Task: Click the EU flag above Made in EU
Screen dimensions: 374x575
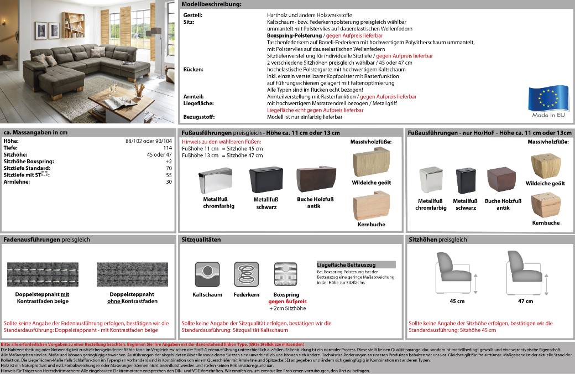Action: click(x=547, y=98)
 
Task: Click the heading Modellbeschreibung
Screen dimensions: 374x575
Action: click(x=212, y=4)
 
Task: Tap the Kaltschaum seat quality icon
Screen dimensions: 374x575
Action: click(x=207, y=275)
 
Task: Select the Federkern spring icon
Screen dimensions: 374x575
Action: click(x=246, y=275)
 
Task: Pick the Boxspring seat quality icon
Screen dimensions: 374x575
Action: click(x=287, y=275)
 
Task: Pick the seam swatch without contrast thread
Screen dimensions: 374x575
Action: click(x=132, y=274)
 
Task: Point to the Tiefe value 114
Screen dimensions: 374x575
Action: click(x=168, y=148)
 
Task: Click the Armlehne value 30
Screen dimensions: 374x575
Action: click(x=169, y=181)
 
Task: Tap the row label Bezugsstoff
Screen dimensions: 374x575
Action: click(x=198, y=117)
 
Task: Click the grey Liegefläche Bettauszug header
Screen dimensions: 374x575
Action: click(x=356, y=264)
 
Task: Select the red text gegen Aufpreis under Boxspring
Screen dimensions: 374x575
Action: click(x=287, y=302)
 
